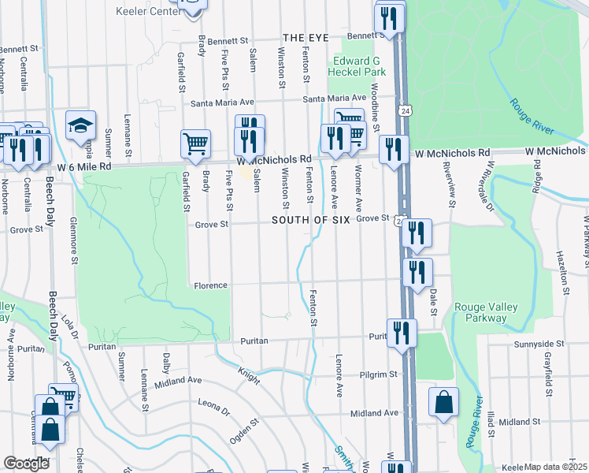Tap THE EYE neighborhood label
tap(305, 38)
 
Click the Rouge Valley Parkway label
tap(481, 312)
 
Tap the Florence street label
tap(210, 285)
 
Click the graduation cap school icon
tap(80, 125)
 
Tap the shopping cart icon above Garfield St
tap(196, 143)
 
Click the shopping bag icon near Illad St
tap(444, 400)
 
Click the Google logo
tap(27, 464)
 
